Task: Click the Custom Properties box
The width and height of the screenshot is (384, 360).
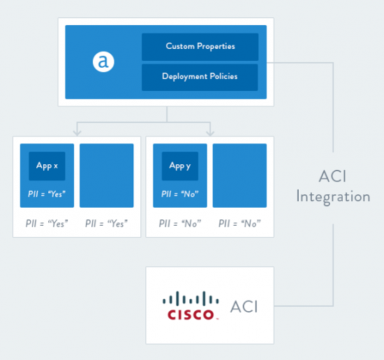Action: (x=200, y=47)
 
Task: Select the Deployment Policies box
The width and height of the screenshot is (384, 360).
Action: (x=200, y=77)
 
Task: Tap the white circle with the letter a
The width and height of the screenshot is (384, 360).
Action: (x=103, y=62)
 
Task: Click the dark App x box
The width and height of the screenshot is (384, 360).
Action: (x=47, y=166)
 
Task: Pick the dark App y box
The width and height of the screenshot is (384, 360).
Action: (x=179, y=166)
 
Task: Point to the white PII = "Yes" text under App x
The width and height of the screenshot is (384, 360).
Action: (x=47, y=194)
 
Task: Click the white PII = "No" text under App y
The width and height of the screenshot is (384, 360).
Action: (x=179, y=194)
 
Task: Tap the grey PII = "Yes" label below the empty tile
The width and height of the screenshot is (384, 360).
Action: (x=106, y=224)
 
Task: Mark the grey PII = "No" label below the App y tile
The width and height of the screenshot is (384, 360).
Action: (x=179, y=224)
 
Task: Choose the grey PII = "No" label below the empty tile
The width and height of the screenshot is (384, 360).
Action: (x=239, y=224)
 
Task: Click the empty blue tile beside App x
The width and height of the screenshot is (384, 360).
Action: (x=106, y=175)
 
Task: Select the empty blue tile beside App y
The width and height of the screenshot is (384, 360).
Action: (x=239, y=175)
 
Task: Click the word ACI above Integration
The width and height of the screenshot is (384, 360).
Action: (x=333, y=175)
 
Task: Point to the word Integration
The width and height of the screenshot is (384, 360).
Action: (x=333, y=196)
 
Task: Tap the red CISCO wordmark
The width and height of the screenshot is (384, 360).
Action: (x=190, y=315)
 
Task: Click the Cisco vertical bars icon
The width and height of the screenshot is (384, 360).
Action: (x=190, y=298)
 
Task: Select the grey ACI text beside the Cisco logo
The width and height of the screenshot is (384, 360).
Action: (x=244, y=306)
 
